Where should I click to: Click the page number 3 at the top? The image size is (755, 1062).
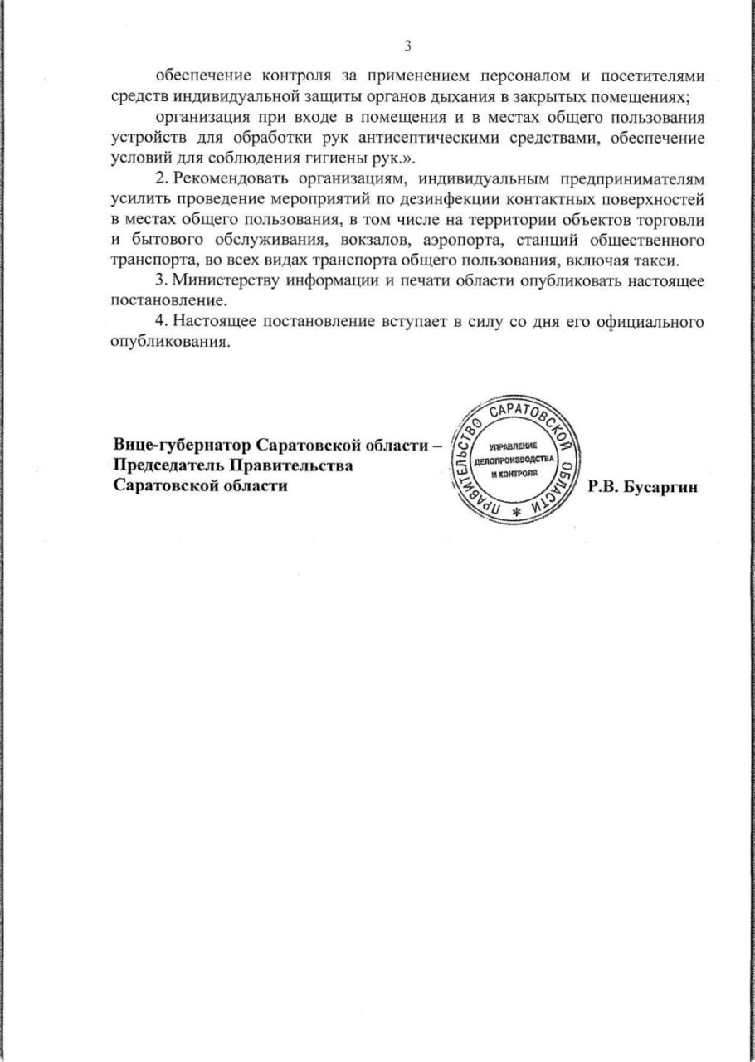(x=407, y=45)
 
